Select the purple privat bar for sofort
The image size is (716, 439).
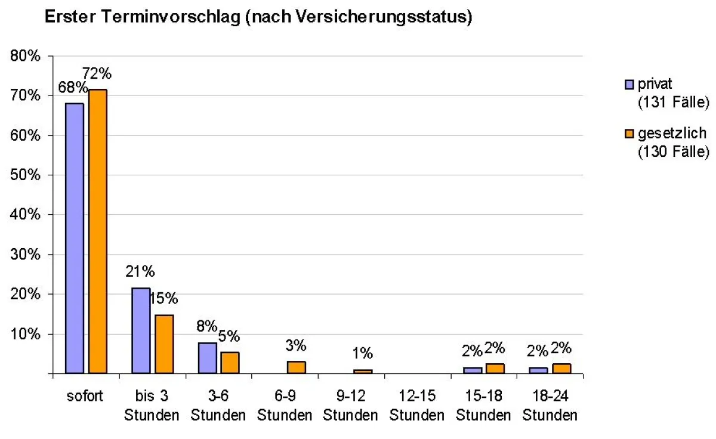coord(75,238)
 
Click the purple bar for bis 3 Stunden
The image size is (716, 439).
coord(141,330)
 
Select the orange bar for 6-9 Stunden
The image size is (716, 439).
coord(297,367)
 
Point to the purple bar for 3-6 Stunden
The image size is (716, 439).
coord(207,358)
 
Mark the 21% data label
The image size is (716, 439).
coord(140,271)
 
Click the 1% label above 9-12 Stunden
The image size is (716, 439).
coord(362,353)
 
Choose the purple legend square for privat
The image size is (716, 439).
coord(629,85)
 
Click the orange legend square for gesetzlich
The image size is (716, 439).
coord(629,134)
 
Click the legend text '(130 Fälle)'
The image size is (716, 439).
coord(673,152)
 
